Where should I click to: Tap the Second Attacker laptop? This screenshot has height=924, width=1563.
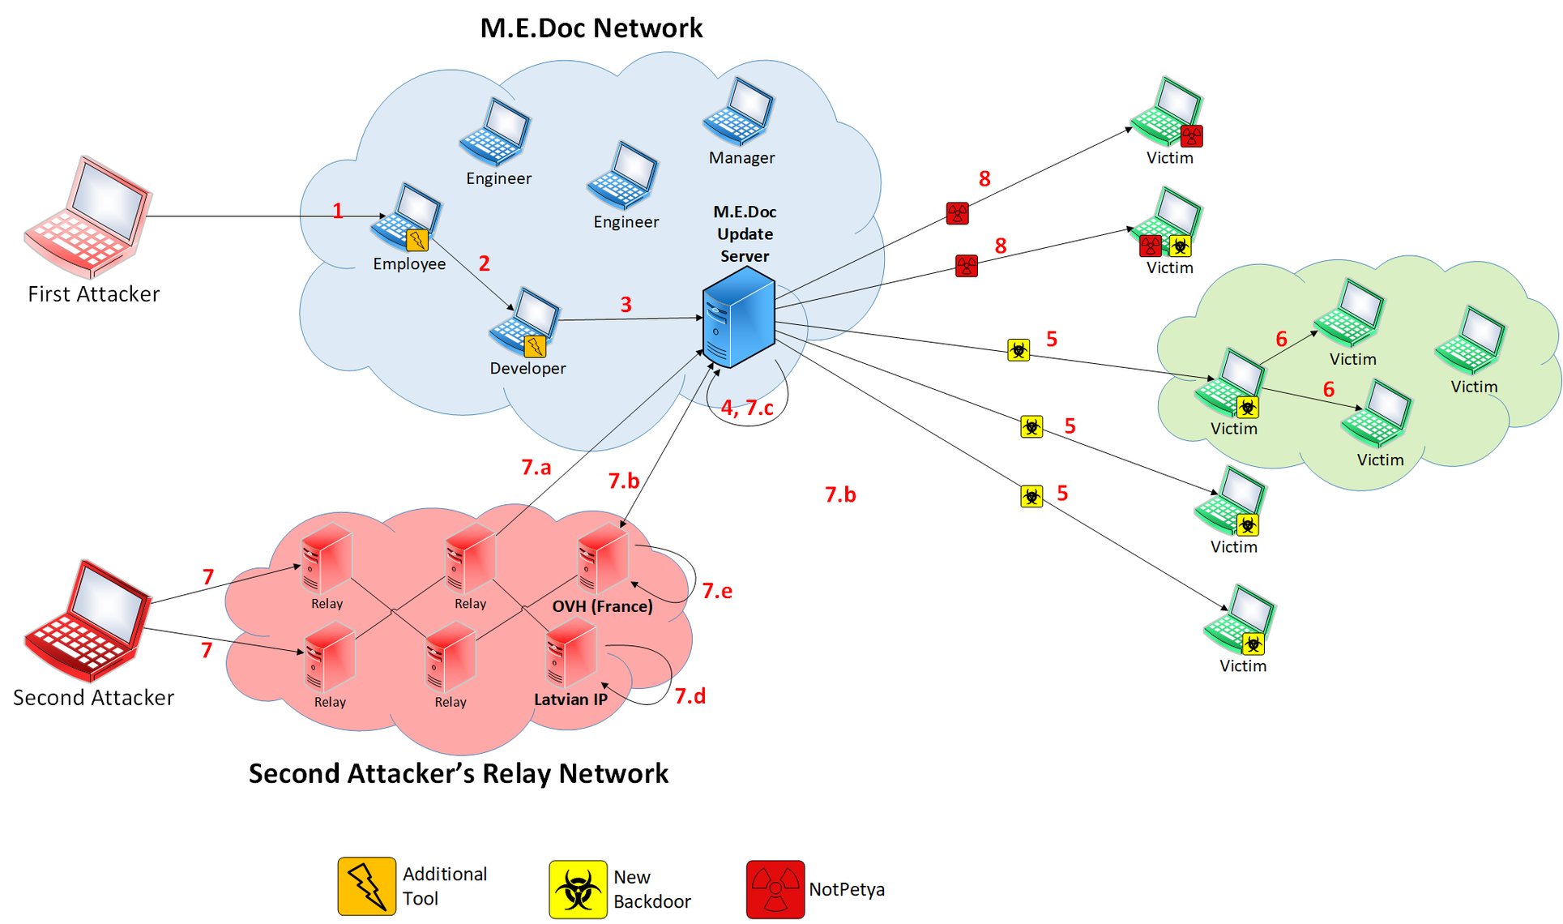coord(88,620)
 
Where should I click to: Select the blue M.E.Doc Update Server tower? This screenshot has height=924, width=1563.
coord(738,318)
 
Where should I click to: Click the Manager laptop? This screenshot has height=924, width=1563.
coord(738,113)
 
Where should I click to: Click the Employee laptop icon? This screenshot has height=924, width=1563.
coord(406,217)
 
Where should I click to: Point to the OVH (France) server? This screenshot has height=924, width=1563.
coord(603,559)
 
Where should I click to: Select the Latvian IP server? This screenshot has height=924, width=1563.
coord(572,653)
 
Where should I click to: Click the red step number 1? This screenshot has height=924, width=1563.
coord(337,211)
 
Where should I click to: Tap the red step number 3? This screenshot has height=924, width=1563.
coord(626,305)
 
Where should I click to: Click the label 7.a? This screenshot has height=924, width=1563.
coord(536,468)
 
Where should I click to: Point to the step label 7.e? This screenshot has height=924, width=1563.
coord(717,591)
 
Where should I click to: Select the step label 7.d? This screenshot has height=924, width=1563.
coord(690,695)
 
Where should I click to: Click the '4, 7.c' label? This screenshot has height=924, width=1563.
coord(747,408)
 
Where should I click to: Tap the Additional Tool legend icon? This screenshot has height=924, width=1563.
coord(367,887)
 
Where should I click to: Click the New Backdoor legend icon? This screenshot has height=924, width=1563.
coord(578,889)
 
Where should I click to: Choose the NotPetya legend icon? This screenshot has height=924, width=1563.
coord(775,889)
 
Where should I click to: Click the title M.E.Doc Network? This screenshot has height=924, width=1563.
coord(591,28)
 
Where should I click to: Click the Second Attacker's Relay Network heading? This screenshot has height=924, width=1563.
coord(459,773)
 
